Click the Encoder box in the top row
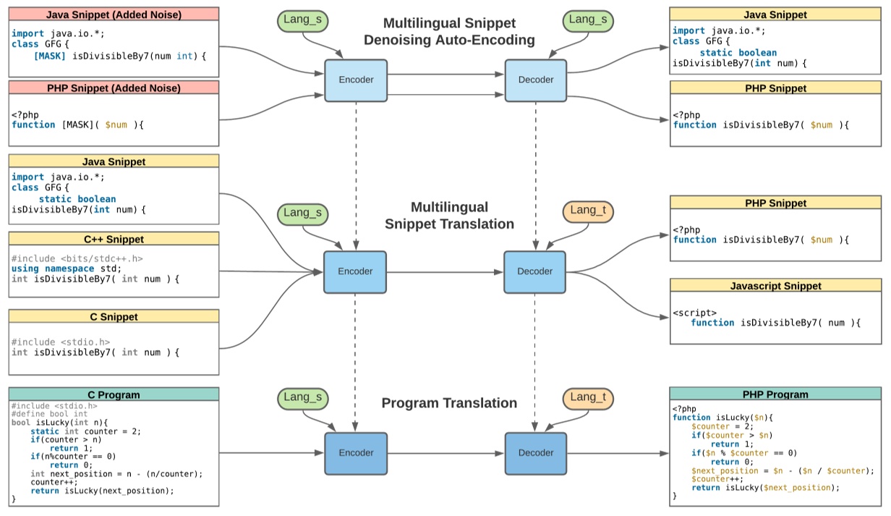356,80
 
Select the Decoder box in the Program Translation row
535,453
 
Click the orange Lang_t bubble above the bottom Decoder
587,397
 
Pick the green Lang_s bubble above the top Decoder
587,21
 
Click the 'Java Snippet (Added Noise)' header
114,14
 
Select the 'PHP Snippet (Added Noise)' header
114,88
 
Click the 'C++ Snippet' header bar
114,239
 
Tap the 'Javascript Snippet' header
775,286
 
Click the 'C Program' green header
114,394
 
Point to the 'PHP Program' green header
775,394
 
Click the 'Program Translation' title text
449,403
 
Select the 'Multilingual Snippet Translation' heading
449,216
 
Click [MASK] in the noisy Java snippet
49,55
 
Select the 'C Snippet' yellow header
114,316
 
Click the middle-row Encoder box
355,271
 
